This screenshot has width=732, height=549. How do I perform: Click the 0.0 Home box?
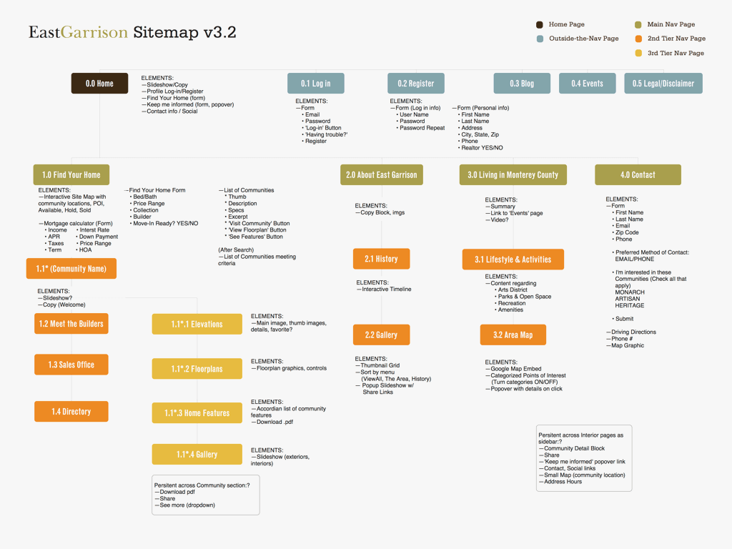[x=99, y=84]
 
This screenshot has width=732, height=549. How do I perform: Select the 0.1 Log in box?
[x=315, y=84]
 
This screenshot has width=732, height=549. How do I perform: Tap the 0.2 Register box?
[x=416, y=84]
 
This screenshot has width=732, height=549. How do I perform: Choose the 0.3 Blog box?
[x=522, y=84]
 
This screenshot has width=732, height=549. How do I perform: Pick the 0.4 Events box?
[x=587, y=84]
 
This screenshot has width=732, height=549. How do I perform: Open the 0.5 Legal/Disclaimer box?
[x=663, y=84]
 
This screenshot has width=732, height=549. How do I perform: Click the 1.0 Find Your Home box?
[x=71, y=175]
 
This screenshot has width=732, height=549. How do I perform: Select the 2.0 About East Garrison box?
[x=382, y=175]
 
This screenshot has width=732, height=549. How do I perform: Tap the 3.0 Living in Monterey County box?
[x=513, y=175]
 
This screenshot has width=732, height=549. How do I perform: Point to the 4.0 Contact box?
[x=638, y=175]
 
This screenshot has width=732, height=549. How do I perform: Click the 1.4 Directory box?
[x=71, y=412]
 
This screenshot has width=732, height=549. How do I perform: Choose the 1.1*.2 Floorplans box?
[x=197, y=369]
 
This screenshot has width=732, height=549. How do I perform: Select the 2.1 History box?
[x=381, y=259]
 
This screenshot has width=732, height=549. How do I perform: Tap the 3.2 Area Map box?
[x=513, y=335]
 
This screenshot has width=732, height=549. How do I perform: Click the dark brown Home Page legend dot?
[x=540, y=24]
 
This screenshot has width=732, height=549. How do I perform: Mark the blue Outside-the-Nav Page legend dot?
[x=540, y=39]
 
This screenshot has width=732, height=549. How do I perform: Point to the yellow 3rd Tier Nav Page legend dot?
[x=638, y=53]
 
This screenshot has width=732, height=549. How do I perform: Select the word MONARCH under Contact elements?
[x=630, y=292]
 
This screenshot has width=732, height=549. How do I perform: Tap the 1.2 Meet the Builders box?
[x=71, y=324]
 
